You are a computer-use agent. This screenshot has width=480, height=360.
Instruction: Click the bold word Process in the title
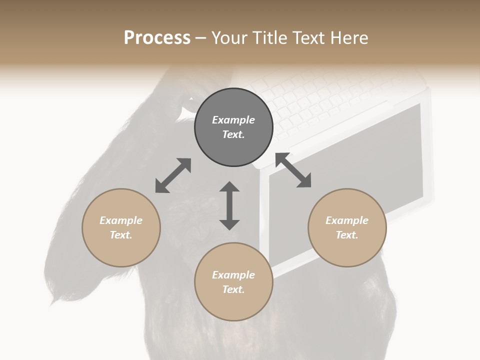pyautogui.click(x=157, y=38)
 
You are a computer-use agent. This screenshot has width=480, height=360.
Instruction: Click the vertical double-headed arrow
pyautogui.click(x=229, y=206)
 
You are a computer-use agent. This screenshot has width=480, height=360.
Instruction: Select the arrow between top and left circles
pyautogui.click(x=173, y=175)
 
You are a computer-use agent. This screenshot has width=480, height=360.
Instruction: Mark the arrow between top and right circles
pyautogui.click(x=293, y=170)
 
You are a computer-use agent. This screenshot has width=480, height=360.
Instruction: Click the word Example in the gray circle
pyautogui.click(x=233, y=120)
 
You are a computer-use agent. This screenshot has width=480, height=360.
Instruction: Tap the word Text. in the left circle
pyautogui.click(x=121, y=235)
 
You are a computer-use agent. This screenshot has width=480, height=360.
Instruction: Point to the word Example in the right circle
pyautogui.click(x=347, y=220)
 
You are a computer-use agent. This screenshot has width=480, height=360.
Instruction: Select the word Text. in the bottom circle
pyautogui.click(x=233, y=289)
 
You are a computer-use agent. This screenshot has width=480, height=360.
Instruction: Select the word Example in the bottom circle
pyautogui.click(x=233, y=275)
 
